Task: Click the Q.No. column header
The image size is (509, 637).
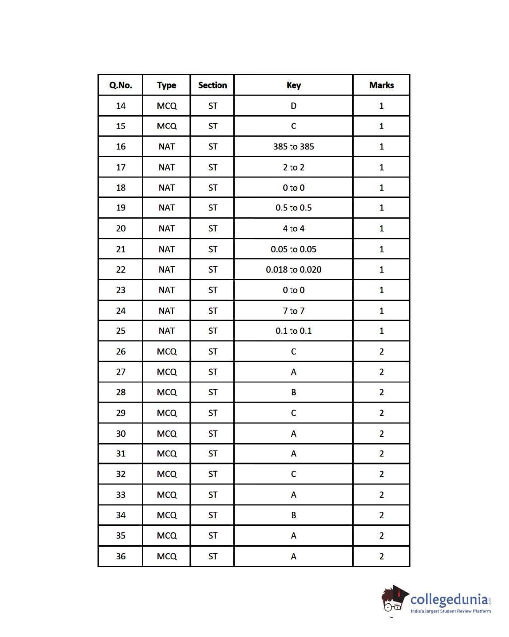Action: [120, 85]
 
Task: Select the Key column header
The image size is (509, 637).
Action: [293, 85]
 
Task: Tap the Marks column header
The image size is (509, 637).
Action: [381, 85]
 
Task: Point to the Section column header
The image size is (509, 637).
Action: [212, 85]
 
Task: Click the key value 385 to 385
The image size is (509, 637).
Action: [293, 147]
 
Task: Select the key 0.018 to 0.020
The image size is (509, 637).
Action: [293, 270]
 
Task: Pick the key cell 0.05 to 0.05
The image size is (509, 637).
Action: [293, 249]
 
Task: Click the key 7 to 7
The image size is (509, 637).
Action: [293, 311]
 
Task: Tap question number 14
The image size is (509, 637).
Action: [121, 106]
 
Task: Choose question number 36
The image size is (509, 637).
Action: [121, 556]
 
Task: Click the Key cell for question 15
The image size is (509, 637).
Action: [293, 126]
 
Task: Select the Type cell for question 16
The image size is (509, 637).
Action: [167, 147]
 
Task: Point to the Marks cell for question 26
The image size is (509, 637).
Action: [381, 352]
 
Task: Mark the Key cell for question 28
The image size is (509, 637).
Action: [293, 392]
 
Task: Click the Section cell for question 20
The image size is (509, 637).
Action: [213, 229]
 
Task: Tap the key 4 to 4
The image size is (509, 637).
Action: [293, 229]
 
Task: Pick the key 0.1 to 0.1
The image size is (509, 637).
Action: [293, 331]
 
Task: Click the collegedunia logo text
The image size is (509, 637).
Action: [450, 599]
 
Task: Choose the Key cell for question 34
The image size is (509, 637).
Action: [293, 515]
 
